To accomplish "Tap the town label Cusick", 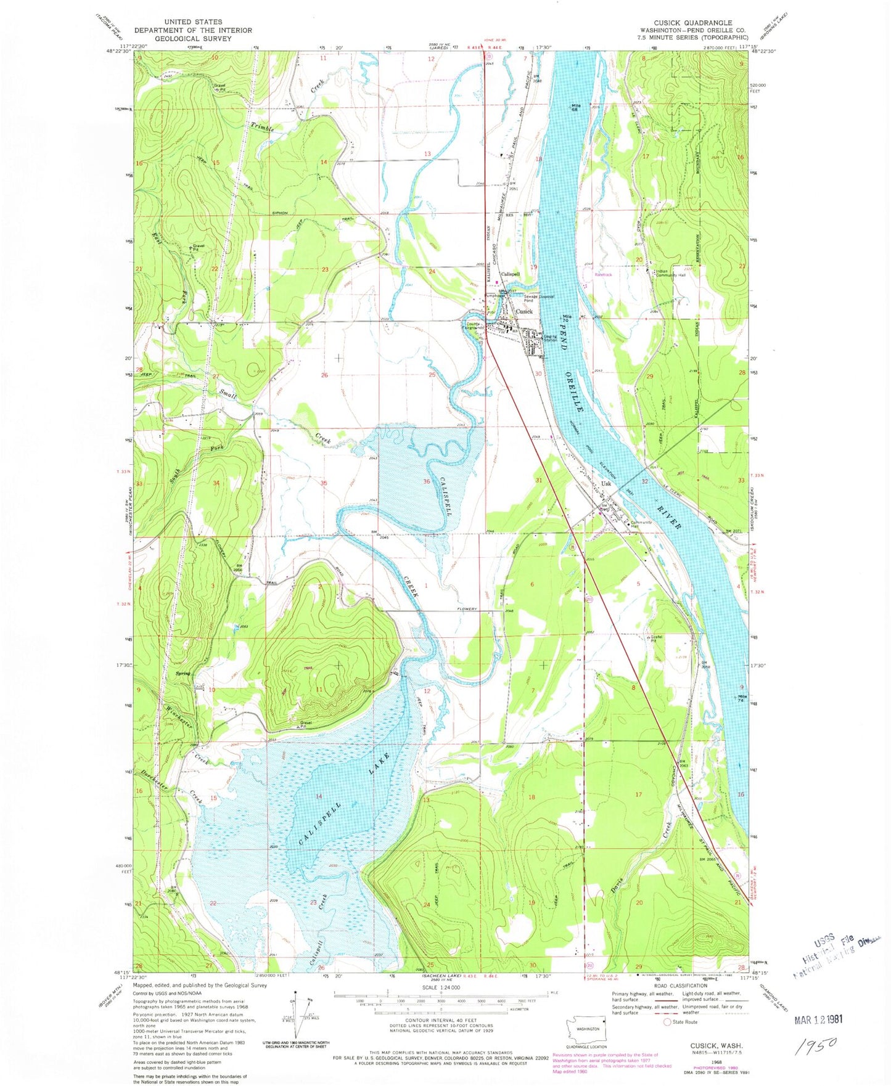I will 524,312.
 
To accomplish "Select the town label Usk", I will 606,484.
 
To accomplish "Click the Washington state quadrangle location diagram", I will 586,1028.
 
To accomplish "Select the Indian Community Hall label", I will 671,275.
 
